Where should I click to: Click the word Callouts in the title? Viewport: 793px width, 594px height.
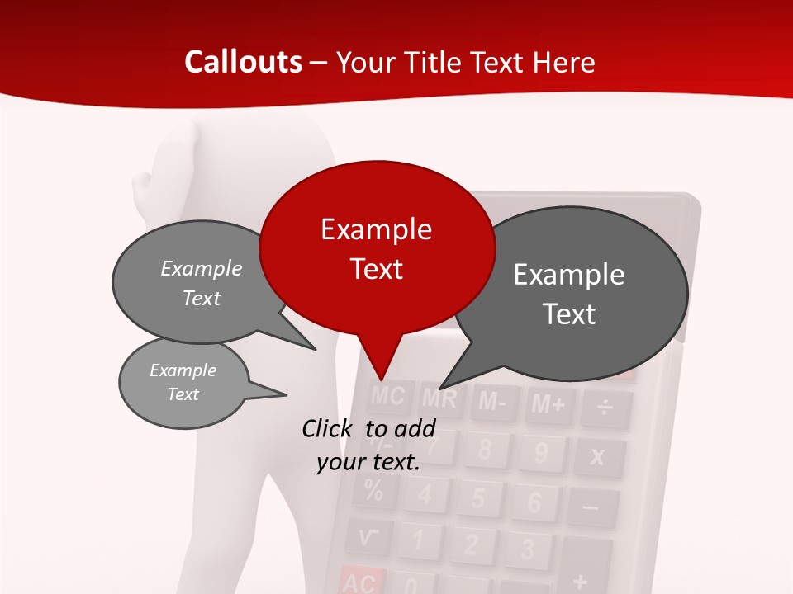(243, 63)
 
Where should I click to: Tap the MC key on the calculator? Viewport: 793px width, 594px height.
(387, 397)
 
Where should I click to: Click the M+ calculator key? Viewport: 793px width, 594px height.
(548, 404)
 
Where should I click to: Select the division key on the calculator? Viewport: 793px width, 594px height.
(605, 408)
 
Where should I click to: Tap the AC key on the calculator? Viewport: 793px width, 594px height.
(359, 582)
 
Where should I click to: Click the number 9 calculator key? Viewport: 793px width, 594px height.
(541, 453)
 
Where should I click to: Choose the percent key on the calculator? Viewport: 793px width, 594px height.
(373, 492)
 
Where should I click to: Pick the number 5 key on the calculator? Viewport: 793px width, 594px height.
(477, 498)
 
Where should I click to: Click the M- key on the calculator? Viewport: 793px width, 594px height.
(493, 403)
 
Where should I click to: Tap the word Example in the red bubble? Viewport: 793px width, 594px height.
(376, 229)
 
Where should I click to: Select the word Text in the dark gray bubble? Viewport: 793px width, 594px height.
(569, 314)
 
